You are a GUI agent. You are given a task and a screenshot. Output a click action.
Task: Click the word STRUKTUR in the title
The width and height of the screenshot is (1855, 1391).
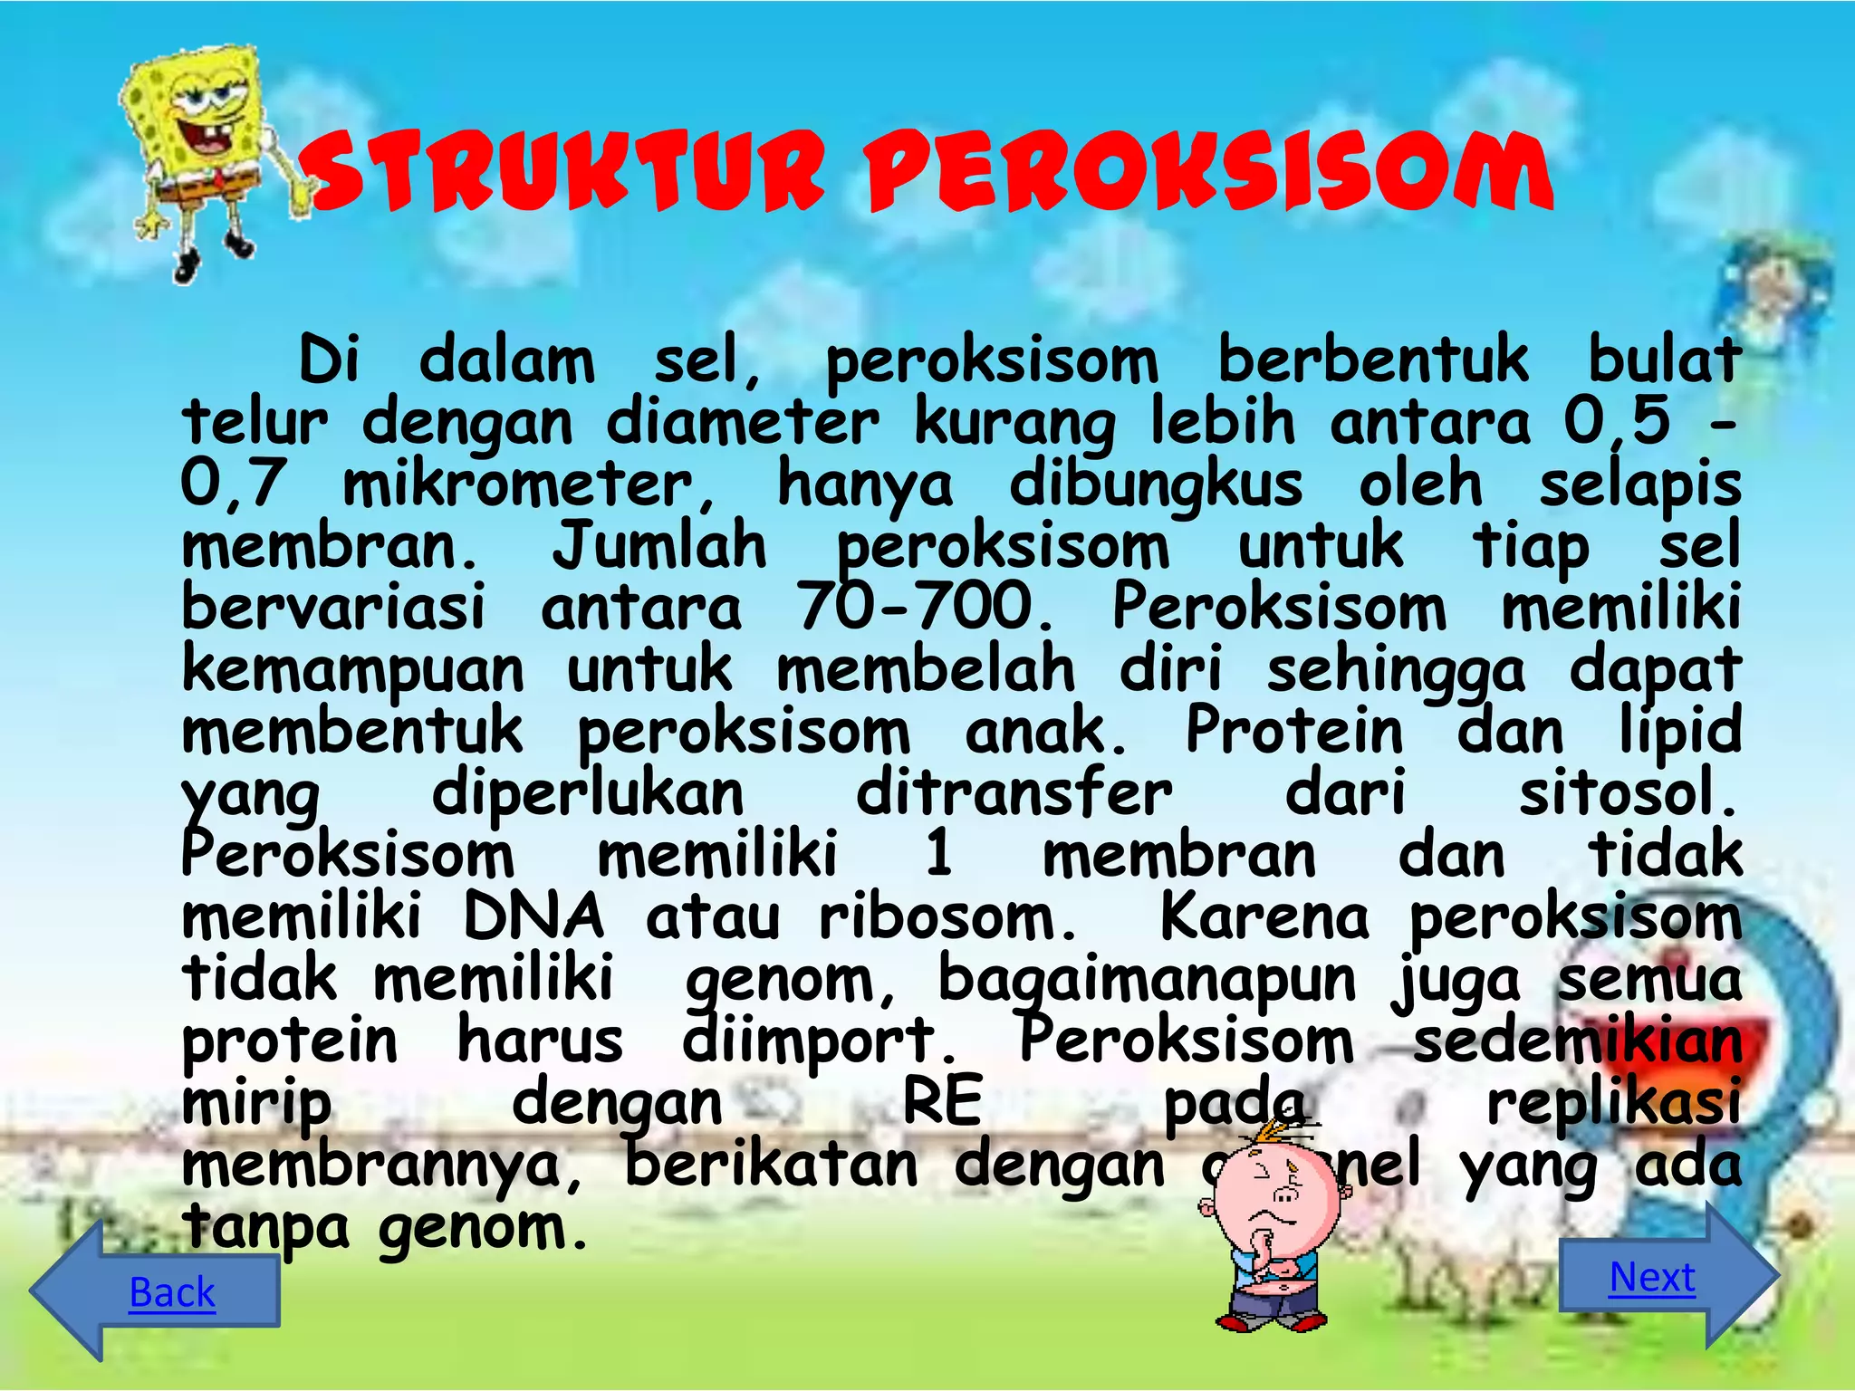(x=562, y=172)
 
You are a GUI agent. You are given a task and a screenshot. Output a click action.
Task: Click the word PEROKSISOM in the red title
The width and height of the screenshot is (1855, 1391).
(x=1209, y=172)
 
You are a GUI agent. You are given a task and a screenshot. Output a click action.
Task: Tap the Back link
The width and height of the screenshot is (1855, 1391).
(x=172, y=1291)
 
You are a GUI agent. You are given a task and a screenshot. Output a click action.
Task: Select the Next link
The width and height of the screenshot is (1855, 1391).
(x=1652, y=1277)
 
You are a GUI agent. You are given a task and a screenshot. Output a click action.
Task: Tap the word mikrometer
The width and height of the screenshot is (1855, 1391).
(x=530, y=484)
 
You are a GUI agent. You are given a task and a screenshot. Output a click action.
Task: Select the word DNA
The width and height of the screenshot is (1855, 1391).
(x=533, y=916)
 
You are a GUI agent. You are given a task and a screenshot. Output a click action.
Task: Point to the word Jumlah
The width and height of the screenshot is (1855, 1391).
(x=659, y=546)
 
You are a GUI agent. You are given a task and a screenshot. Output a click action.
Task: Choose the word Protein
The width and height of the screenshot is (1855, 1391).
(x=1293, y=731)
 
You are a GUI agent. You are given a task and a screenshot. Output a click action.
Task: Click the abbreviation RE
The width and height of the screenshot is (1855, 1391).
(x=943, y=1102)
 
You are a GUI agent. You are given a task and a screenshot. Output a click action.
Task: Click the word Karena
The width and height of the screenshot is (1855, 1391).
(x=1264, y=916)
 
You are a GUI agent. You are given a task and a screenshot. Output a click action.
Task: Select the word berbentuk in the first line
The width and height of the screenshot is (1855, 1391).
(x=1373, y=360)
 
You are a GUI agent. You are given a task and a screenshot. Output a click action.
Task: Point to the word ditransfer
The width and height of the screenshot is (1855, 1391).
(x=1014, y=792)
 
